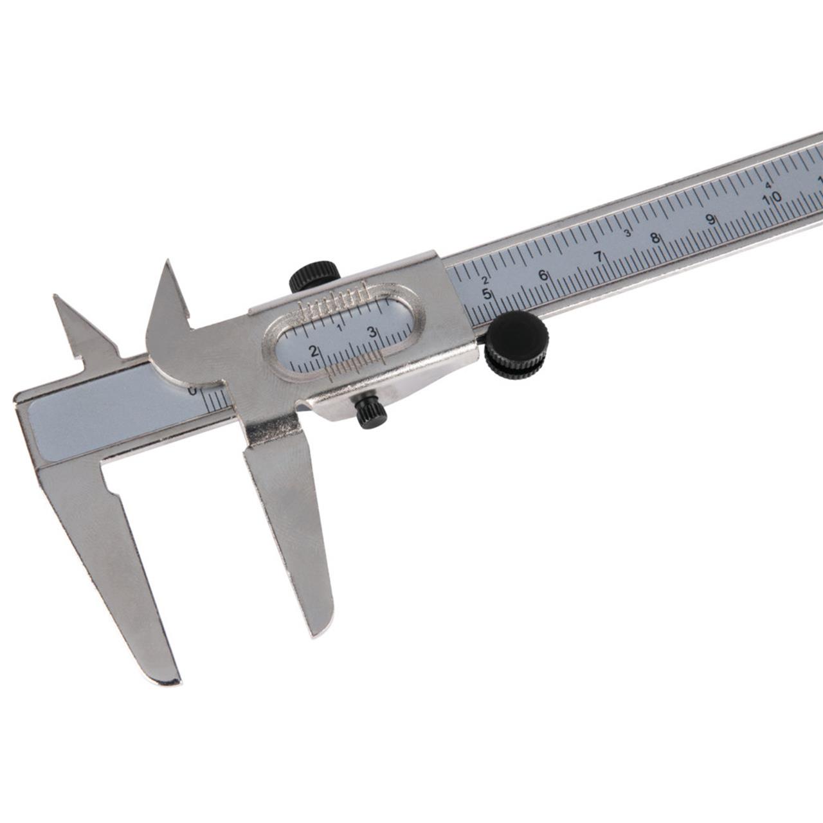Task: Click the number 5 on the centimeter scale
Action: pyautogui.click(x=487, y=294)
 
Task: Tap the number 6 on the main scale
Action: pyautogui.click(x=543, y=275)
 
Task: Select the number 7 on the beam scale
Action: pyautogui.click(x=599, y=257)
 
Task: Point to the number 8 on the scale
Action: pyautogui.click(x=655, y=238)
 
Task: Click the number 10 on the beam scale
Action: pyautogui.click(x=772, y=197)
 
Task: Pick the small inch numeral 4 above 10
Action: pyautogui.click(x=768, y=185)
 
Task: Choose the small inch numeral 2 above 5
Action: pyautogui.click(x=485, y=280)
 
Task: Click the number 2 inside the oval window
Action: pyautogui.click(x=314, y=351)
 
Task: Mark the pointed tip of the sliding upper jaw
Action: pyautogui.click(x=168, y=263)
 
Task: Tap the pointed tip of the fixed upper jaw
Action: pyautogui.click(x=56, y=297)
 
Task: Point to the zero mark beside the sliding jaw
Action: pyautogui.click(x=191, y=391)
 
